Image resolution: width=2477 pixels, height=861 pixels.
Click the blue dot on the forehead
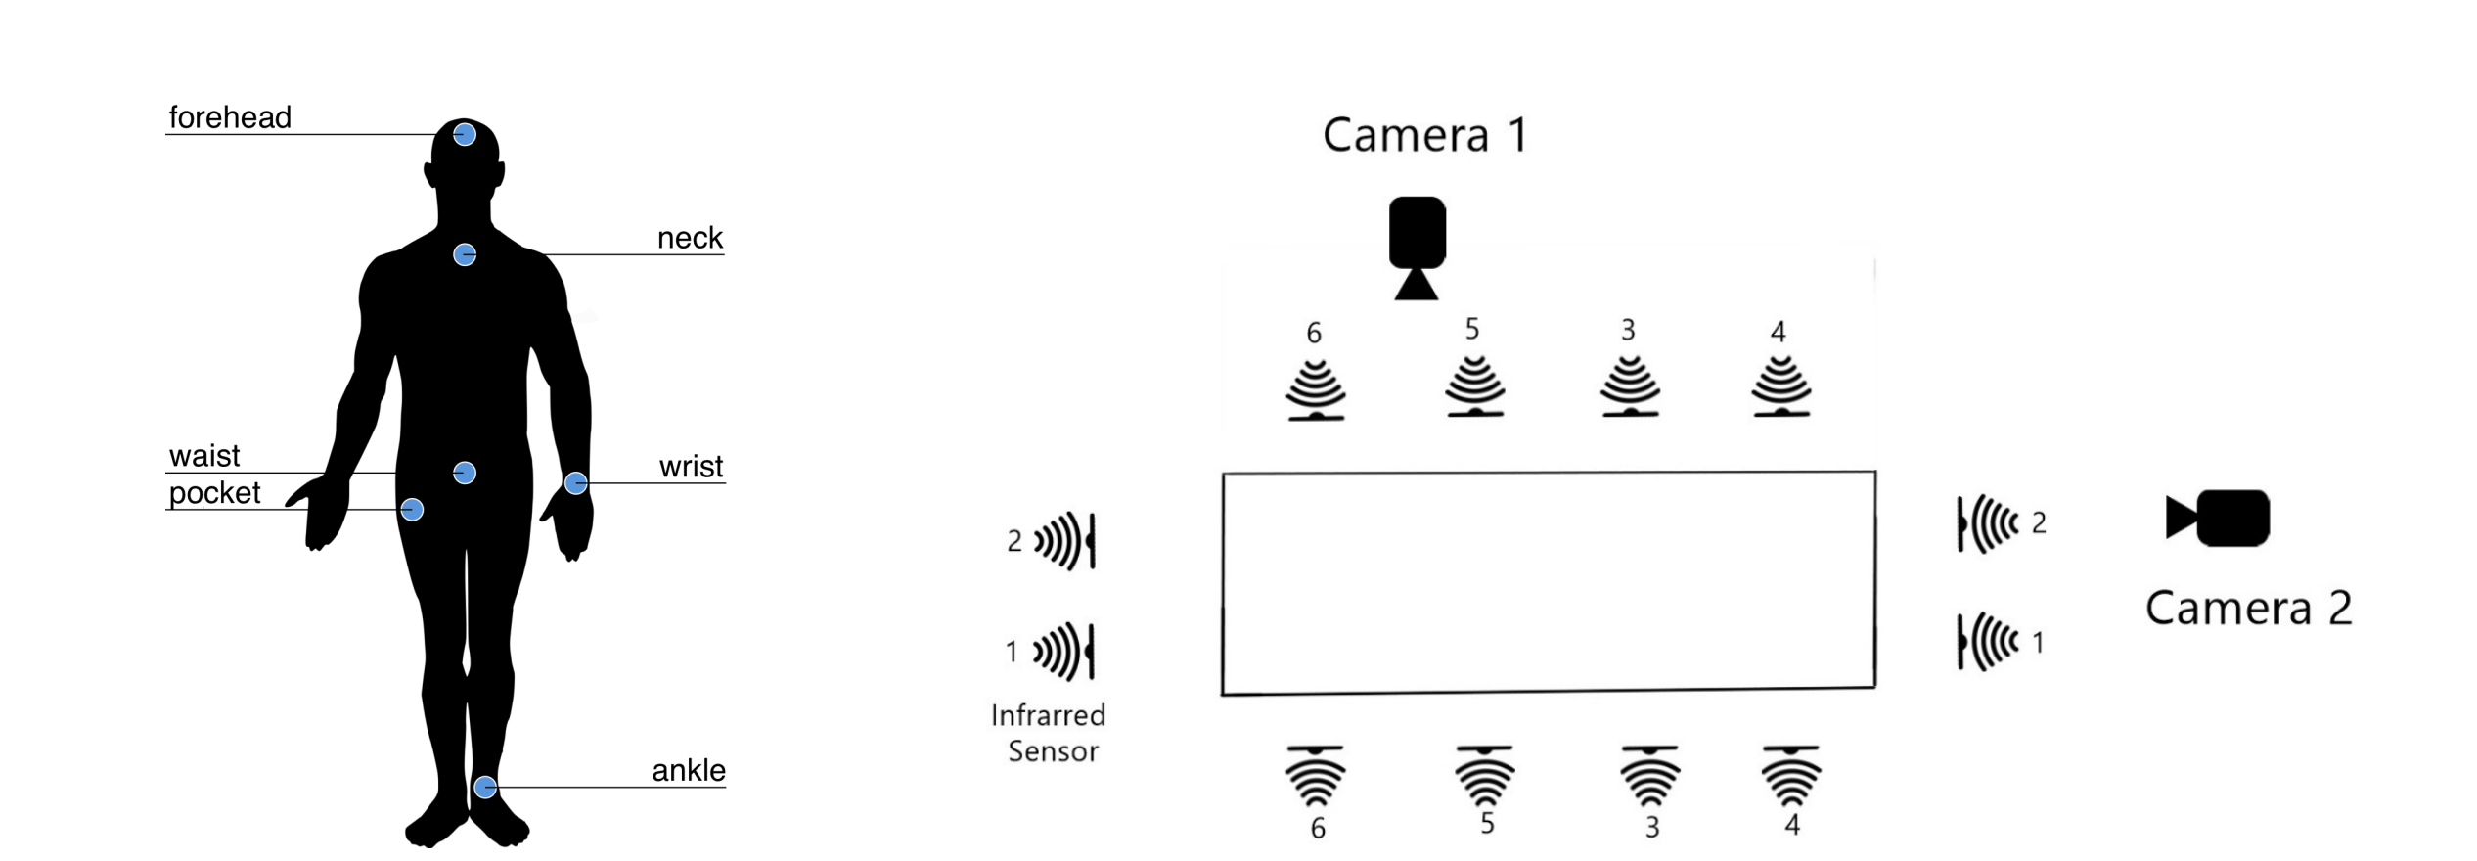tap(465, 134)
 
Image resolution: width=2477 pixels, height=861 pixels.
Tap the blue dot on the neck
tap(465, 254)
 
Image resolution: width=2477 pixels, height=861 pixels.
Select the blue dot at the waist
tap(465, 473)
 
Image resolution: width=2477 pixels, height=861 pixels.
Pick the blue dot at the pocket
tap(412, 509)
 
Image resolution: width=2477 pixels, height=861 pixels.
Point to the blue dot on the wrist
tap(576, 482)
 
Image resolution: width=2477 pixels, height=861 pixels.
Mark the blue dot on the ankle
tap(485, 787)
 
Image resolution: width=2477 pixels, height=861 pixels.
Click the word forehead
tap(230, 117)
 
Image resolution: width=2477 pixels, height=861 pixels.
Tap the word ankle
tap(689, 770)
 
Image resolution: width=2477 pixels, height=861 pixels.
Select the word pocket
tap(214, 492)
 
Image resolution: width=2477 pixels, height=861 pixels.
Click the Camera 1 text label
tap(1424, 135)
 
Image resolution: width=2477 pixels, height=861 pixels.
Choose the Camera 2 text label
tap(2248, 609)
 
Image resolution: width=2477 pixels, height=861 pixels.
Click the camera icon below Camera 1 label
tap(1417, 247)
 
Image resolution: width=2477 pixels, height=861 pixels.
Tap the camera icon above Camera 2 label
tap(2219, 518)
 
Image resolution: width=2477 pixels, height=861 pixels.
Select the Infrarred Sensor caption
tap(1049, 733)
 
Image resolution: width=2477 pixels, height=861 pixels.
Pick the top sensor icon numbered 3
tap(1630, 386)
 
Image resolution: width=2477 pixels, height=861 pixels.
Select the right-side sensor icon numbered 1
tap(1986, 642)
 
